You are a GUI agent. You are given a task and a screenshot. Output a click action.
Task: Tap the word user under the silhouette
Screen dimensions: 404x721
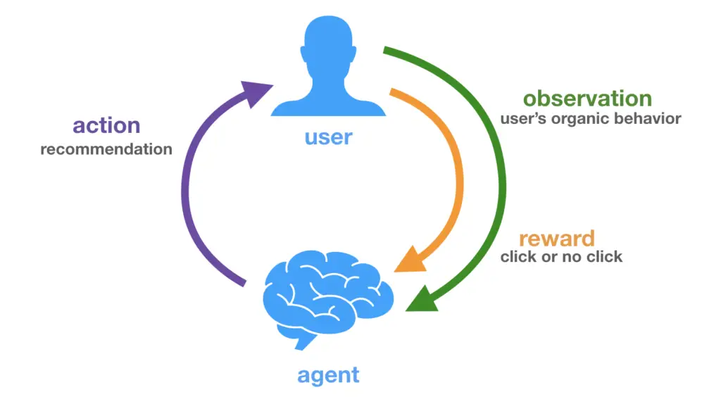[328, 137]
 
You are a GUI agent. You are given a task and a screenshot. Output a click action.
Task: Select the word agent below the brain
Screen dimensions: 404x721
[328, 374]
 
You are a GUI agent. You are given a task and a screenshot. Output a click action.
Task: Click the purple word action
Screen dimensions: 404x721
[106, 126]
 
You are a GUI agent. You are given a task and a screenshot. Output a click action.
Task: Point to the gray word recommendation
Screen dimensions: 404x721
[106, 149]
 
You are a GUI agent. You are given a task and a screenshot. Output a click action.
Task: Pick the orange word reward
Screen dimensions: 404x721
[556, 238]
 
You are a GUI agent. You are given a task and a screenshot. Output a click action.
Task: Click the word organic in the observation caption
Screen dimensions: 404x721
[582, 119]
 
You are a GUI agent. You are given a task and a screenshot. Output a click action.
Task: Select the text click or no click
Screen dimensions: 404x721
[561, 257]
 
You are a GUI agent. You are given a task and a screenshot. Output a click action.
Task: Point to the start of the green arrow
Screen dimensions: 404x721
[385, 51]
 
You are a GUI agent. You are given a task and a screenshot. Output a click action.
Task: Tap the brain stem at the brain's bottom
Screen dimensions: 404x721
[304, 341]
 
